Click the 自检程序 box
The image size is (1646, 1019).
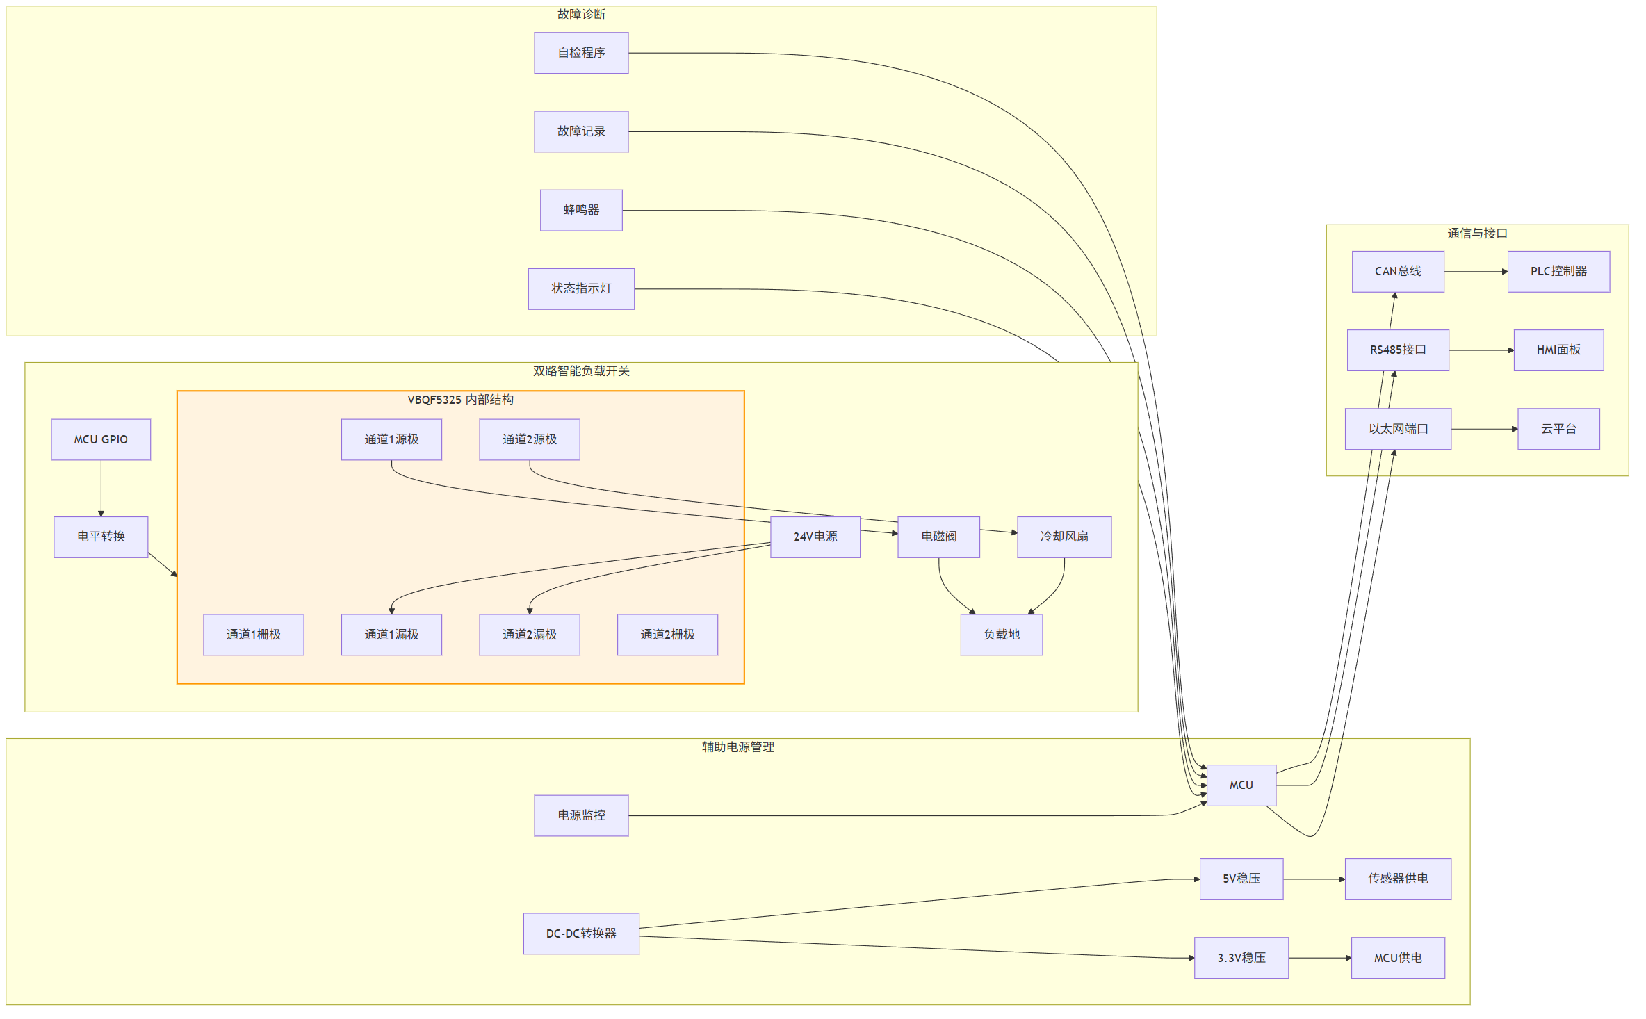click(x=581, y=53)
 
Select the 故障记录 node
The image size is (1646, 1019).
click(x=581, y=131)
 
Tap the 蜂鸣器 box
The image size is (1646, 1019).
click(x=581, y=210)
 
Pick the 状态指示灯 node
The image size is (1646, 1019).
click(x=581, y=288)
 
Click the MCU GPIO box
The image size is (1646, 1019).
click(x=101, y=439)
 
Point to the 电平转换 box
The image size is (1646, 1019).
click(x=101, y=537)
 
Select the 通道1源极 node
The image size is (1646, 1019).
click(x=391, y=439)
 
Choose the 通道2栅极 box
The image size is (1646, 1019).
click(x=667, y=635)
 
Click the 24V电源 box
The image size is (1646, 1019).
click(x=815, y=537)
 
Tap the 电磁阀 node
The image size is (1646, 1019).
click(x=939, y=537)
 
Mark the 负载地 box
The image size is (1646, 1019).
click(x=1002, y=635)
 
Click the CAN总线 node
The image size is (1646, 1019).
click(x=1398, y=271)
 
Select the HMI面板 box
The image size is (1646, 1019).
click(x=1558, y=350)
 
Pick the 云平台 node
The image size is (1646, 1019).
click(x=1558, y=429)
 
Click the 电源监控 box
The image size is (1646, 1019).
click(x=581, y=815)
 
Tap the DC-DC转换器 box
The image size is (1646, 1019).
click(x=581, y=934)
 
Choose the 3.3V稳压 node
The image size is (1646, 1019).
click(x=1241, y=958)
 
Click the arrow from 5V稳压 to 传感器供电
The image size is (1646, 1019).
click(x=1314, y=879)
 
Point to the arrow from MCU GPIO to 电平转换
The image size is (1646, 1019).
click(x=101, y=488)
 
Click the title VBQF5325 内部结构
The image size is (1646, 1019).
click(x=460, y=400)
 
